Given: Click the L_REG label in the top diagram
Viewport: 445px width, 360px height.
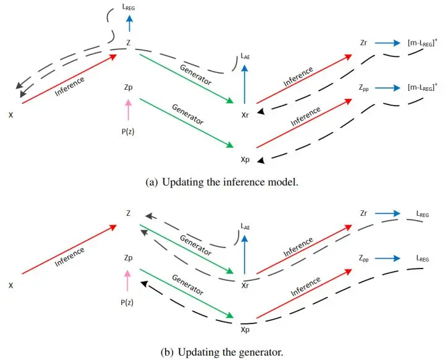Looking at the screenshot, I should tap(129, 6).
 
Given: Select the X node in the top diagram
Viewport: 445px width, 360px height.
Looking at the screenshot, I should tap(11, 115).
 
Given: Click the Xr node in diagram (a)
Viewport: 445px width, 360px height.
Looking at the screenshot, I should tap(246, 114).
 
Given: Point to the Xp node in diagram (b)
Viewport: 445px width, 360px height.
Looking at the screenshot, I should tap(245, 329).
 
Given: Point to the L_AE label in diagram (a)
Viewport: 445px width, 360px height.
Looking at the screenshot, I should tap(245, 60).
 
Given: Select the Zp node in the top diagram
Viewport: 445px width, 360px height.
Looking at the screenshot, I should tap(128, 88).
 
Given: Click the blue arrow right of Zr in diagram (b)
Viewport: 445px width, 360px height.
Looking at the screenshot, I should tap(387, 213).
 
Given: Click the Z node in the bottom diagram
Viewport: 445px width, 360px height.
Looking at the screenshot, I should tap(128, 213).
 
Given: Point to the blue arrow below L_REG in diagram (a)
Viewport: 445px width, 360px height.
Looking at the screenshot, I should tap(129, 23).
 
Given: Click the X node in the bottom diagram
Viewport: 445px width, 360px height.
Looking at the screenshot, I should tap(11, 286).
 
